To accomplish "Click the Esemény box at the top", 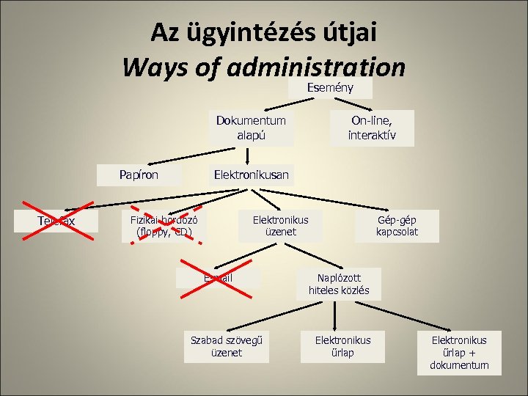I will point(330,88).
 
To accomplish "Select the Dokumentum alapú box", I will point(251,128).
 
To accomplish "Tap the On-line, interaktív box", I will point(371,128).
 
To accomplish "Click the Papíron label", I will point(139,175).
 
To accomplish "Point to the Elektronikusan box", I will point(251,175).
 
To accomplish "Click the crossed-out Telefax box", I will point(56,221).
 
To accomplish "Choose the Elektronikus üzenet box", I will point(280,227).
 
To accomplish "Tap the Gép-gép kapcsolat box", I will point(397,227).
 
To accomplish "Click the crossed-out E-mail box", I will point(218,278).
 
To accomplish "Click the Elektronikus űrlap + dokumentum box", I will point(458,352).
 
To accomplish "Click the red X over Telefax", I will point(56,220).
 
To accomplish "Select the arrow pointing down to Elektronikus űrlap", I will point(335,315).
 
